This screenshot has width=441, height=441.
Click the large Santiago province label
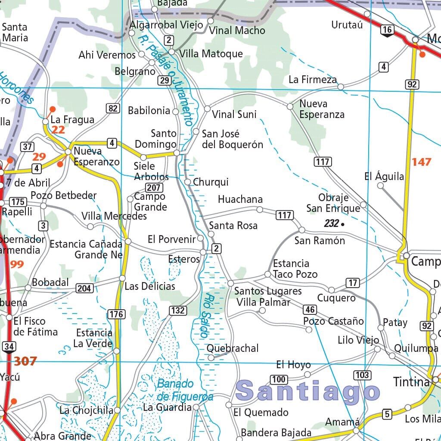point(308,391)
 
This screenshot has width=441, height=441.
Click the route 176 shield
point(116,314)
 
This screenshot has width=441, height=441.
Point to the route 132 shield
point(177,311)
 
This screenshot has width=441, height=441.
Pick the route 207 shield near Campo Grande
point(154,187)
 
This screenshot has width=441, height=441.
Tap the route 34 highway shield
point(9,346)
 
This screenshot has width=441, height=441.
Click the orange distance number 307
point(25,361)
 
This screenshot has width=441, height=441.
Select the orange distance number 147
point(421,162)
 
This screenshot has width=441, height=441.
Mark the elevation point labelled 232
point(342,224)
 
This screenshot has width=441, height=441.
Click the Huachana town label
point(240,199)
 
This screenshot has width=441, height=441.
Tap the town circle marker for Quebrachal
point(211,357)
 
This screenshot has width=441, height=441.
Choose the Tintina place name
point(411,382)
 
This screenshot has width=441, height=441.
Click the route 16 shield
point(387,29)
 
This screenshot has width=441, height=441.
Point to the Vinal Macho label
point(237,31)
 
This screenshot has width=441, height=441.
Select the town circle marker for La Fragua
point(45,122)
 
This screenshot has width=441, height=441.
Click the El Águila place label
point(384,176)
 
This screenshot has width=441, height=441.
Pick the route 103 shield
point(362,375)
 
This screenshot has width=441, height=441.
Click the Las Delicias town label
point(149,286)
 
